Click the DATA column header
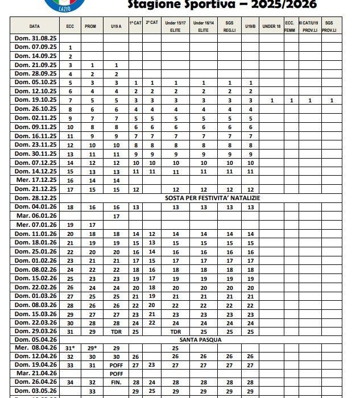pyautogui.click(x=34, y=26)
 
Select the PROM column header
pyautogui.click(x=90, y=26)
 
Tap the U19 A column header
pyautogui.click(x=116, y=26)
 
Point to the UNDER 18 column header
pyautogui.click(x=272, y=26)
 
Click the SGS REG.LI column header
pyautogui.click(x=230, y=26)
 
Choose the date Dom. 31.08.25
pyautogui.click(x=35, y=38)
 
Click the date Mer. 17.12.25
pyautogui.click(x=35, y=180)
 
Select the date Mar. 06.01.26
pyautogui.click(x=35, y=216)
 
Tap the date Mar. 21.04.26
pyautogui.click(x=35, y=373)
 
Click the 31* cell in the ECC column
pyautogui.click(x=70, y=348)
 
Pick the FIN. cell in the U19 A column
pyautogui.click(x=116, y=382)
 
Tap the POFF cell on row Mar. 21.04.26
pyautogui.click(x=116, y=374)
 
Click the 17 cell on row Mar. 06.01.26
pyautogui.click(x=116, y=216)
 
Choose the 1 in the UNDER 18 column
pyautogui.click(x=272, y=101)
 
